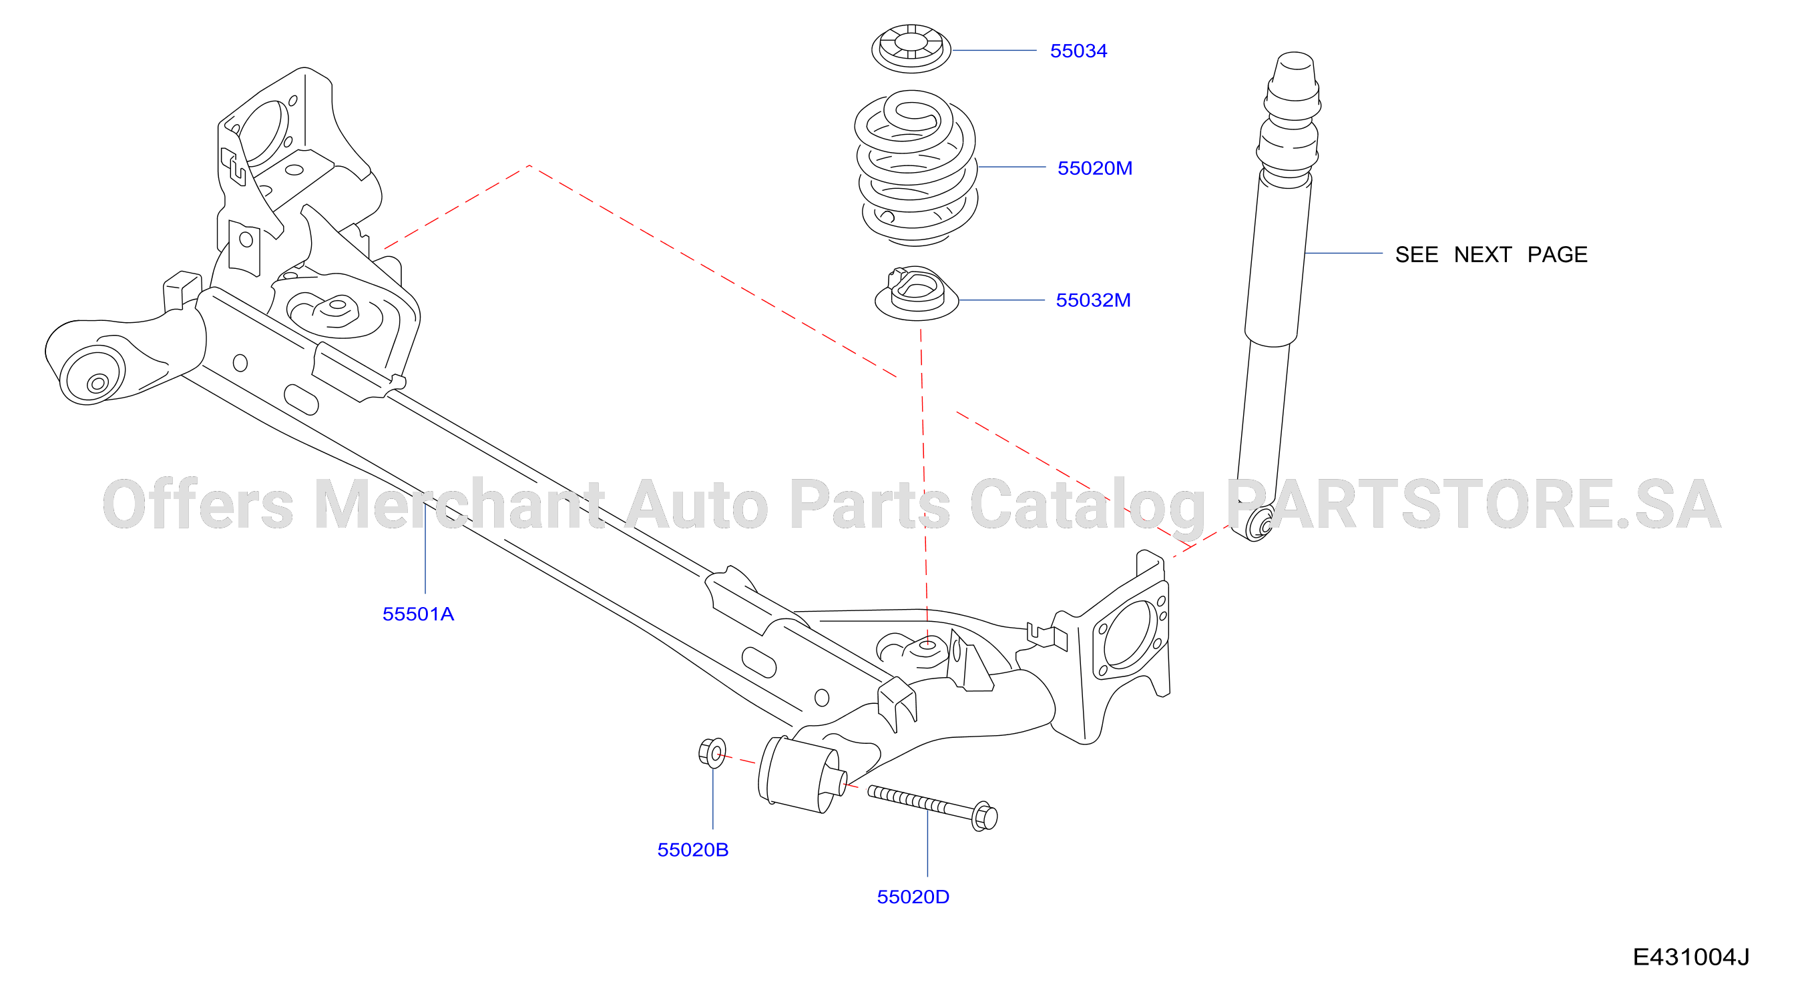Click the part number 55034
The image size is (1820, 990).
[x=1078, y=51]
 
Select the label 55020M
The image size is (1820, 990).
[x=1094, y=168]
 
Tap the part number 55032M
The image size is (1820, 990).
[x=1093, y=300]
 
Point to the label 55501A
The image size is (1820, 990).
[x=418, y=614]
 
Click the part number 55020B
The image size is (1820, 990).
[x=692, y=849]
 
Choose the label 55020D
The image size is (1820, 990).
[x=913, y=897]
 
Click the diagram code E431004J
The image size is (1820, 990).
[x=1690, y=957]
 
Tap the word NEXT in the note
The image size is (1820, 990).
[x=1482, y=254]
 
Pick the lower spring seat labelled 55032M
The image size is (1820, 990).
[x=917, y=294]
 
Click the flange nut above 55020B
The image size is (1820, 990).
[x=712, y=753]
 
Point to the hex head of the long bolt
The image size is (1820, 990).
[x=984, y=817]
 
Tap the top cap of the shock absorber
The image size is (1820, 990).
[x=1295, y=74]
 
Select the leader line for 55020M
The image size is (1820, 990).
[x=1011, y=167]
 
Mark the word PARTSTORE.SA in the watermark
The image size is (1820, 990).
[x=1473, y=504]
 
